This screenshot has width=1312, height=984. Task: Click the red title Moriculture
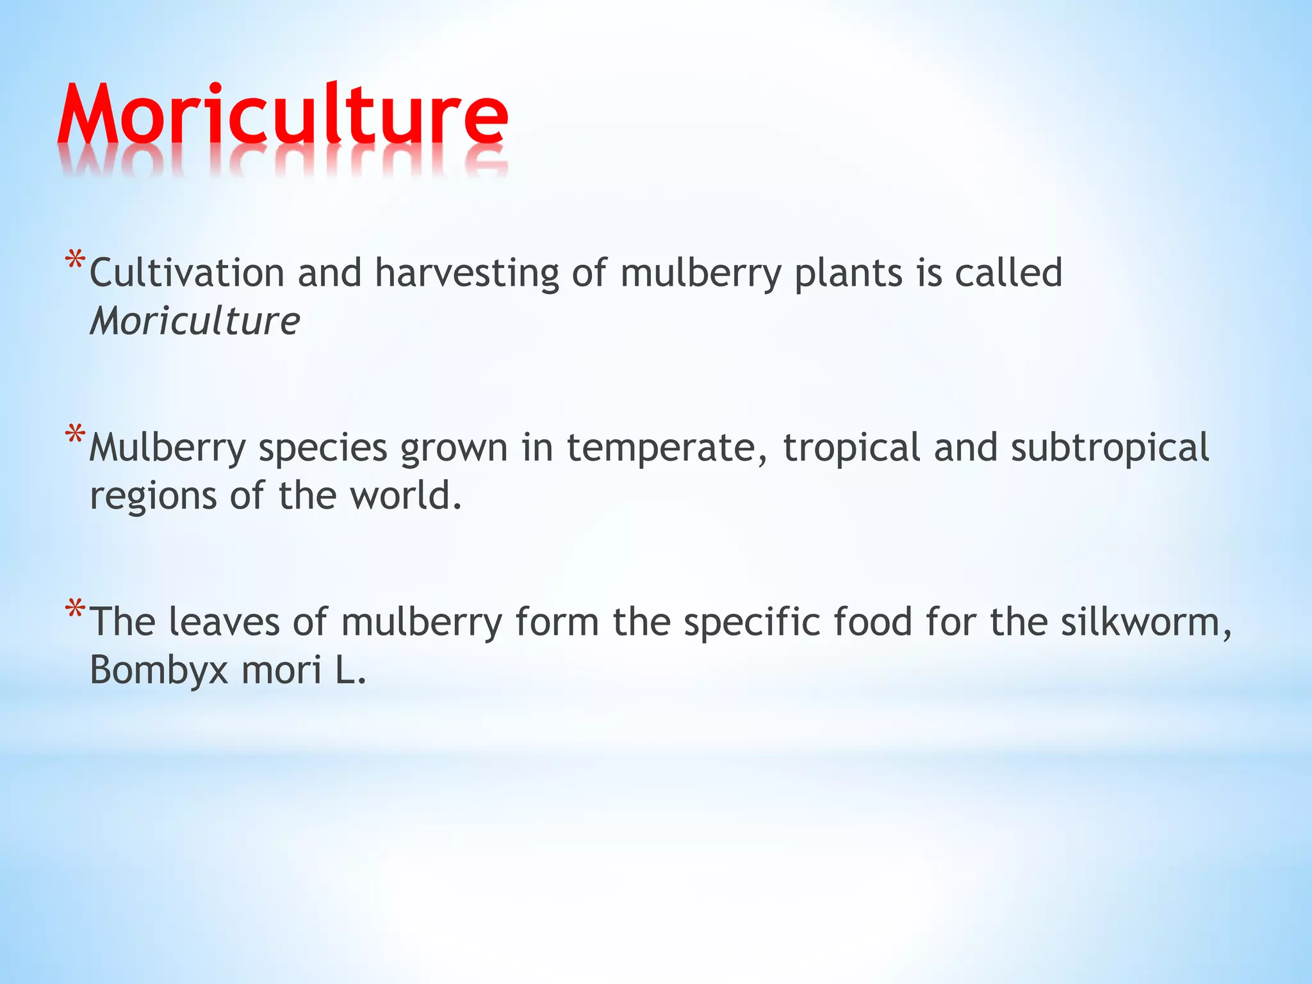(283, 115)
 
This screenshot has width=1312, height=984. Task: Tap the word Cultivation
(186, 273)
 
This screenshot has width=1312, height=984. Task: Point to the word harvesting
(467, 274)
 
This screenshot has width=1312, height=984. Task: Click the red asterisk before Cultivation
(76, 261)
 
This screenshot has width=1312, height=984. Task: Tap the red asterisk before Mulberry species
(76, 436)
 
